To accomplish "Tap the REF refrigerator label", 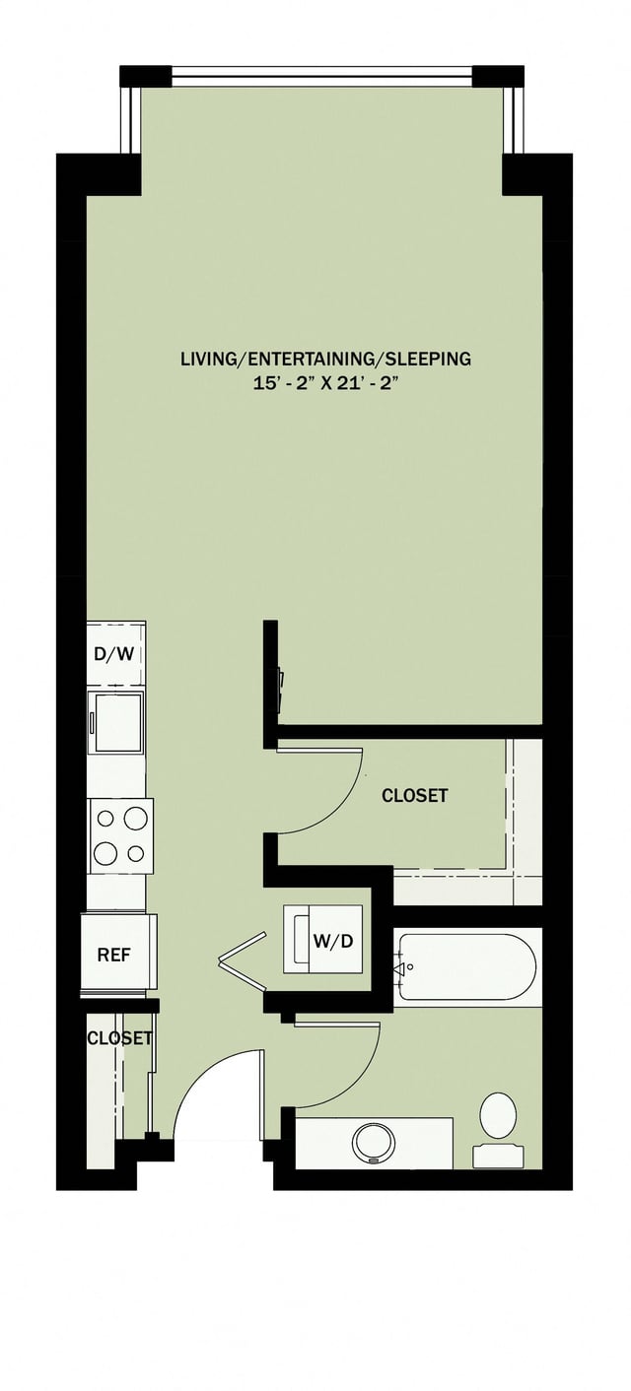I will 114,955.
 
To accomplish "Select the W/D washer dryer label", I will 333,941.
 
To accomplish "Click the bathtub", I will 467,968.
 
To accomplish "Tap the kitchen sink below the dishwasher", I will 116,720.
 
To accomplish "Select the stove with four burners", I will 119,835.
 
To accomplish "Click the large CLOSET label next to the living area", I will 414,795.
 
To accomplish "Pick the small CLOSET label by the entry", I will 119,1037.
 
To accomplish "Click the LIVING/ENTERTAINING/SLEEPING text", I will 325,359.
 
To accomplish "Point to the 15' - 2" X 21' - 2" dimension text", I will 325,384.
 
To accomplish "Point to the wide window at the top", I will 321,76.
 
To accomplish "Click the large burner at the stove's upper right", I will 135,817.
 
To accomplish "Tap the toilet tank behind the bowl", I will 498,1156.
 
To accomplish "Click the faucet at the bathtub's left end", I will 402,969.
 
